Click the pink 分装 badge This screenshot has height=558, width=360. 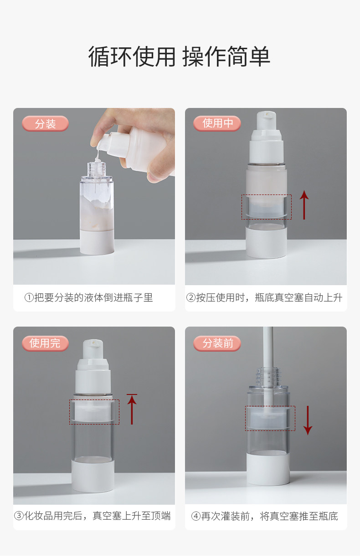click(45, 123)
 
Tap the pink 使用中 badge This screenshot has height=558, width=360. click(217, 123)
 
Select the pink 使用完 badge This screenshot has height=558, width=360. click(45, 343)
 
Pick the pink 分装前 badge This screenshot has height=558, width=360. click(217, 343)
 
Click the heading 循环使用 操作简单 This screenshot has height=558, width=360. click(180, 56)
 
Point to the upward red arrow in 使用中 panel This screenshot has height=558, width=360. click(304, 205)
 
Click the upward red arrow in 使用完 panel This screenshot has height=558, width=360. click(132, 410)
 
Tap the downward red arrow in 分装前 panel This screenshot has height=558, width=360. click(308, 420)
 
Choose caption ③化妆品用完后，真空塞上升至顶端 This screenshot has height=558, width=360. click(93, 516)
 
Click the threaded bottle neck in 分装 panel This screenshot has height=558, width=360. click(97, 169)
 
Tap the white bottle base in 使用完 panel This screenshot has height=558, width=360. click(93, 475)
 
